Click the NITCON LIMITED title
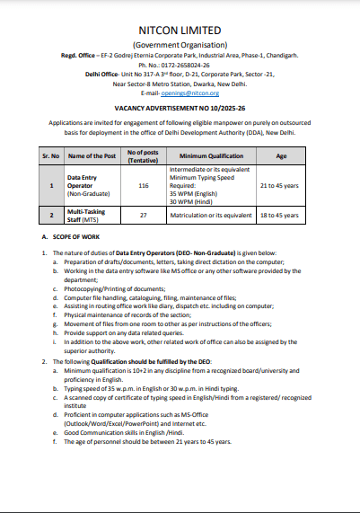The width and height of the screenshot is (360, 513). tap(180, 31)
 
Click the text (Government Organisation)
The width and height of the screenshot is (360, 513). tap(180, 44)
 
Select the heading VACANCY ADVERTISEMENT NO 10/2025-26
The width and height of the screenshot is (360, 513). tap(180, 108)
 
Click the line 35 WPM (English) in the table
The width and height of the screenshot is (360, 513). tap(196, 193)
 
